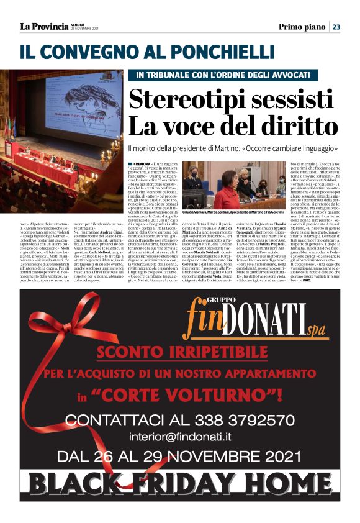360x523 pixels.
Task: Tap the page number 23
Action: pos(336,26)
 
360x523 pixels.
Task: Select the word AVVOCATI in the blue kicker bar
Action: pos(269,75)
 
